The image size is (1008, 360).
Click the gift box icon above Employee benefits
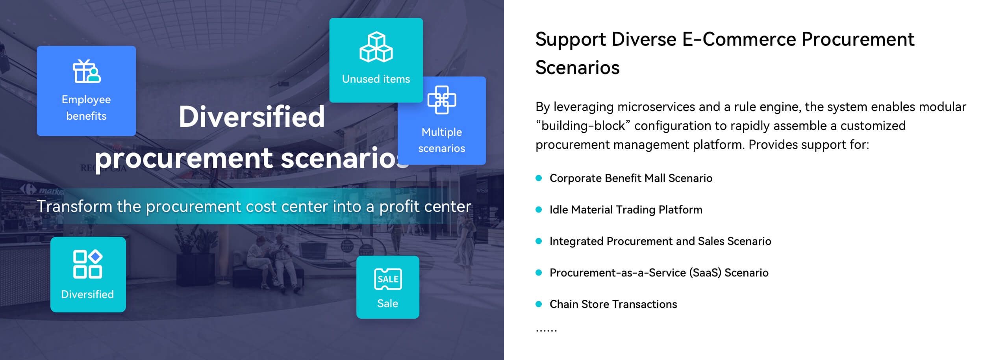[87, 71]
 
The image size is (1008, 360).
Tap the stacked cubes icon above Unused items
[376, 47]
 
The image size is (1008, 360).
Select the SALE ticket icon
[388, 279]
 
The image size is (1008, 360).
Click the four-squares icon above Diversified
[88, 264]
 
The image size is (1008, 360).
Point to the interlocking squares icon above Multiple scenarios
[442, 100]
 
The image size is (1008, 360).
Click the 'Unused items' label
[376, 79]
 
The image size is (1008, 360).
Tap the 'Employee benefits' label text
[86, 108]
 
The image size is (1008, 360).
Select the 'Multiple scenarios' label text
[442, 140]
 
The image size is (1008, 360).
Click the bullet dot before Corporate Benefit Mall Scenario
[539, 178]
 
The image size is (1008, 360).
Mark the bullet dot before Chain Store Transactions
[539, 304]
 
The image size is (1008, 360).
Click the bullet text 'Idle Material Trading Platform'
[626, 210]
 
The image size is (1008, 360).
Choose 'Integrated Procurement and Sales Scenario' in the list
[660, 241]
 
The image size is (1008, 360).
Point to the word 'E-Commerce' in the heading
[738, 39]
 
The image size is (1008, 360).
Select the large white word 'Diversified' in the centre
[252, 117]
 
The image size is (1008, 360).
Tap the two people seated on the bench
[272, 262]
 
